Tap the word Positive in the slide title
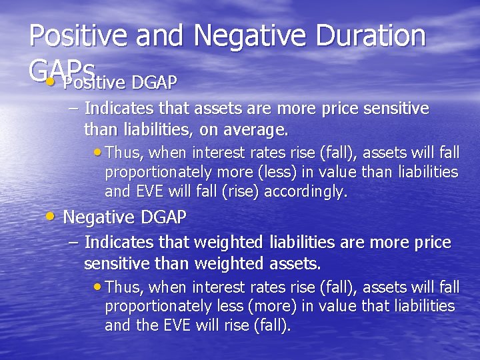coord(79,35)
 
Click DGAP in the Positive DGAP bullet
coord(155,82)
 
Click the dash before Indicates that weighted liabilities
coord(73,242)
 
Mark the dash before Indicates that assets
coord(73,108)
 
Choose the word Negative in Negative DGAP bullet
coord(99,217)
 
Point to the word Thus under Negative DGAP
coord(121,287)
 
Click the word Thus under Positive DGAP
coord(121,153)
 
